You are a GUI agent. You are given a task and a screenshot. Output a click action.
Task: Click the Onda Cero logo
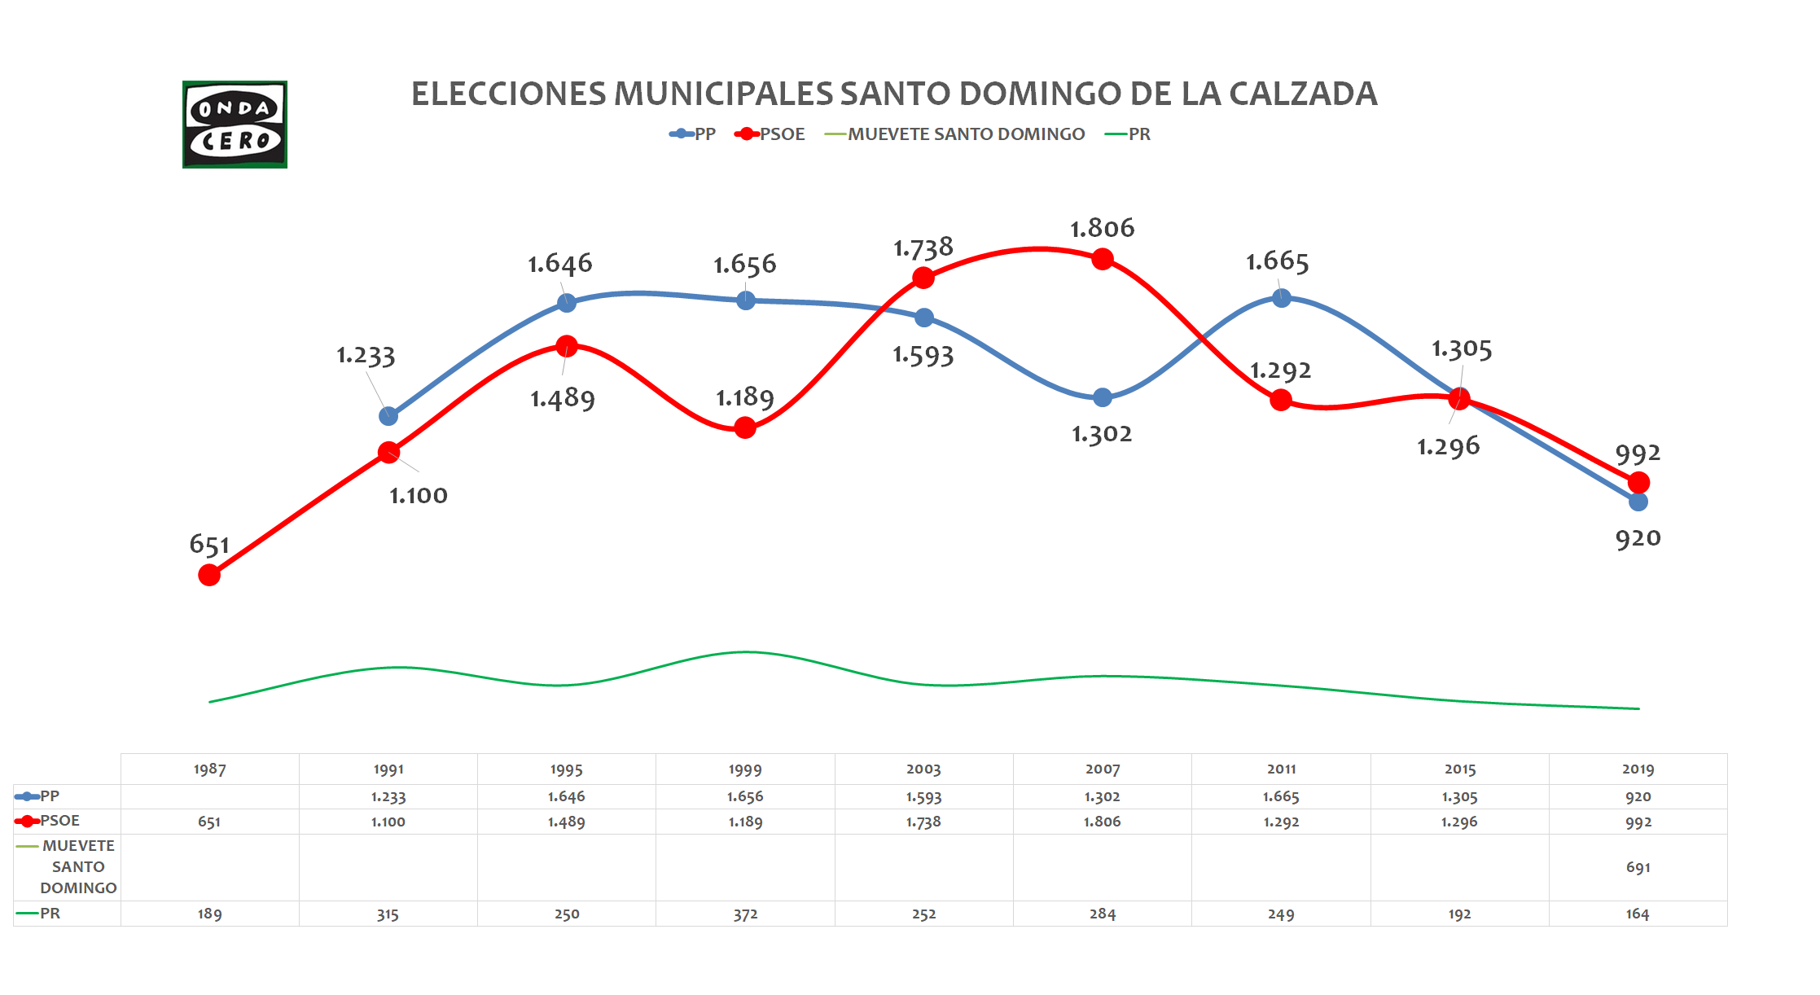point(235,125)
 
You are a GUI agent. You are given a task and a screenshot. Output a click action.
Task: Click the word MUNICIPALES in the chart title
point(724,94)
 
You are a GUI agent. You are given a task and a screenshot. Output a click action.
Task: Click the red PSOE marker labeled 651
point(209,576)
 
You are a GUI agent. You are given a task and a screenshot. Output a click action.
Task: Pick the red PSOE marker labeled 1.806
point(1103,260)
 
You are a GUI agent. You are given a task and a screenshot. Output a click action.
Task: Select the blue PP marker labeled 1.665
point(1281,298)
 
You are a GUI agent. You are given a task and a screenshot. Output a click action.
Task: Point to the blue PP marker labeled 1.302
point(1103,397)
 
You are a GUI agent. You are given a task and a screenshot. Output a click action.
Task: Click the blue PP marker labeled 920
point(1638,502)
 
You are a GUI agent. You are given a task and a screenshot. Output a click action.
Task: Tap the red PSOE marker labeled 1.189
point(745,427)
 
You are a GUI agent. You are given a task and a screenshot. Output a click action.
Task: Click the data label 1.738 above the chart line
point(923,248)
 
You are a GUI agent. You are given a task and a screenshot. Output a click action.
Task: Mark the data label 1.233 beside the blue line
point(366,356)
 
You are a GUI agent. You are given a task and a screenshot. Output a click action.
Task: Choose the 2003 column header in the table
point(923,769)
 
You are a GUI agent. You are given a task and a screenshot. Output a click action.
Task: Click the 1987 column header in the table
point(209,769)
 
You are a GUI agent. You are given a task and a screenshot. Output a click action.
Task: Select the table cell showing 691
point(1638,867)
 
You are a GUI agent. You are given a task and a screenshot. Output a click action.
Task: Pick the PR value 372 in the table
point(745,914)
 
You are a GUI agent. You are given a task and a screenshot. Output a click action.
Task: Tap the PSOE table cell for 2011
point(1281,822)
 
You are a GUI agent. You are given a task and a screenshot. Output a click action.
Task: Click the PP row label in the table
point(49,796)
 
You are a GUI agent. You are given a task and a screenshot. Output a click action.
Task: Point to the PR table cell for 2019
point(1638,914)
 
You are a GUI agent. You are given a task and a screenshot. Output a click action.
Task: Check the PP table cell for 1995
point(566,796)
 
